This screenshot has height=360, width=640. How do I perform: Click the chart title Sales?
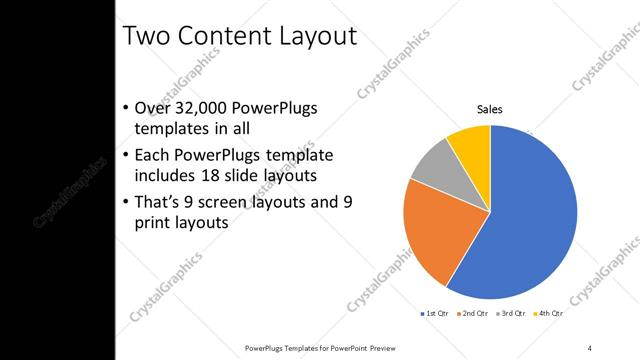[489, 109]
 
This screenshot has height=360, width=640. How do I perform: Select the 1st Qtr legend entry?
[434, 314]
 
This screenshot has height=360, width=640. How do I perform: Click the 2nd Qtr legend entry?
[474, 314]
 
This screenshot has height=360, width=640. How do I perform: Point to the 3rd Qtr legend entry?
[510, 314]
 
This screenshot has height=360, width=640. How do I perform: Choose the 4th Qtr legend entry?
[547, 314]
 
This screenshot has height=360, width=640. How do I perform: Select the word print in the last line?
[152, 223]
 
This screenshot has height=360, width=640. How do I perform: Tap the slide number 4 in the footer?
[589, 347]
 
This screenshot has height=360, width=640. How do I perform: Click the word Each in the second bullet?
[152, 156]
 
